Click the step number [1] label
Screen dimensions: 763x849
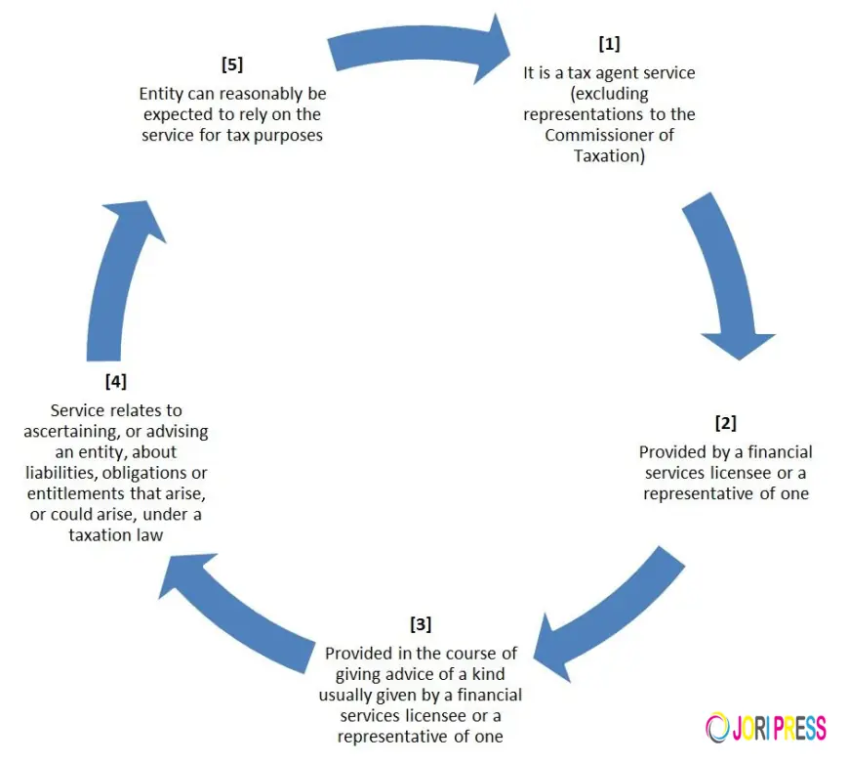point(609,44)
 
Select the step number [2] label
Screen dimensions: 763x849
point(725,423)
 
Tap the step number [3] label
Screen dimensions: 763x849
point(421,623)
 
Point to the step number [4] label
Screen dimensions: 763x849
point(115,381)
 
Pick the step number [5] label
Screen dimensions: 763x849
point(232,65)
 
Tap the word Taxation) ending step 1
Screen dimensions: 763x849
point(609,155)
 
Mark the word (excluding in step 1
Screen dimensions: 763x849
point(609,94)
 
